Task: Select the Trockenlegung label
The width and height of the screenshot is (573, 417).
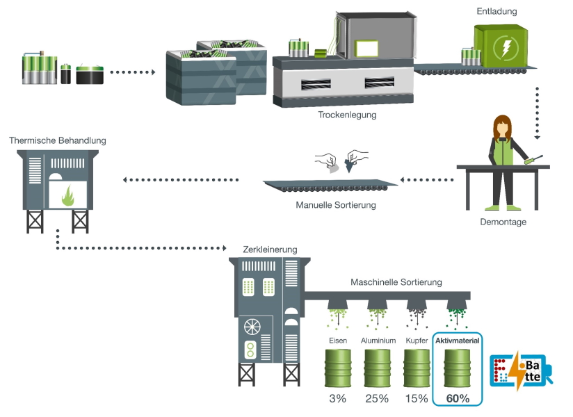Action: tap(346, 115)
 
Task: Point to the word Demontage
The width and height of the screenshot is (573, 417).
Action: tap(503, 222)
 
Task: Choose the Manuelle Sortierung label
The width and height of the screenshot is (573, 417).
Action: tap(335, 205)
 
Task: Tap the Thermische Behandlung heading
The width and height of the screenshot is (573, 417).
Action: tap(58, 140)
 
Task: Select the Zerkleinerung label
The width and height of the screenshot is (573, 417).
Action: tap(270, 249)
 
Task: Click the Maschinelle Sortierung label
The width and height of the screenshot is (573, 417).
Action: tap(396, 282)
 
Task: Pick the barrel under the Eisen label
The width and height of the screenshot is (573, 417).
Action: tap(339, 368)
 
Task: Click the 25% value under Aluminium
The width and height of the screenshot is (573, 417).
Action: tap(378, 399)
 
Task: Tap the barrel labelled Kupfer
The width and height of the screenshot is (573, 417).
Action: tap(417, 368)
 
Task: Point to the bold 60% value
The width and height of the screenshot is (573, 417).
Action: tap(458, 399)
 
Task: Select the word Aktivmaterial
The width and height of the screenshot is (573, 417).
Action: tap(458, 341)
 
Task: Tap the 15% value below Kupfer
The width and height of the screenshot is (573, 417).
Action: tap(417, 399)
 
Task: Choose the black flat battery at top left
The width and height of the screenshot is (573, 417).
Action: tap(90, 74)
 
